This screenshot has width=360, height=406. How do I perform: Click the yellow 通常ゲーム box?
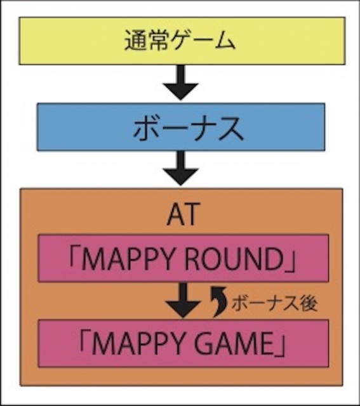point(182,41)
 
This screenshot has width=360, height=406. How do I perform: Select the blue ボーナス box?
point(181,127)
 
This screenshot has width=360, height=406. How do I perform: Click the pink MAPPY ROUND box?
point(183,258)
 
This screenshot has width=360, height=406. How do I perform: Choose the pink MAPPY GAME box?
point(183,343)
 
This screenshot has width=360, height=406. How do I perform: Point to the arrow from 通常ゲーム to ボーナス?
point(181,82)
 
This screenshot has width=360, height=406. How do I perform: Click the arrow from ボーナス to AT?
point(181,168)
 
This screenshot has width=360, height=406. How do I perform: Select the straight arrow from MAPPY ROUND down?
point(183,300)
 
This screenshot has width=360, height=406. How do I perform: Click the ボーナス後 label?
point(274,303)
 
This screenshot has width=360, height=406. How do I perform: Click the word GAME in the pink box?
point(234,344)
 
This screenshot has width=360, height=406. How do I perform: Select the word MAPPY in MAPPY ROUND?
point(127,259)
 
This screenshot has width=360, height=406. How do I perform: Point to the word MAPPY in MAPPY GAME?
point(137,344)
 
